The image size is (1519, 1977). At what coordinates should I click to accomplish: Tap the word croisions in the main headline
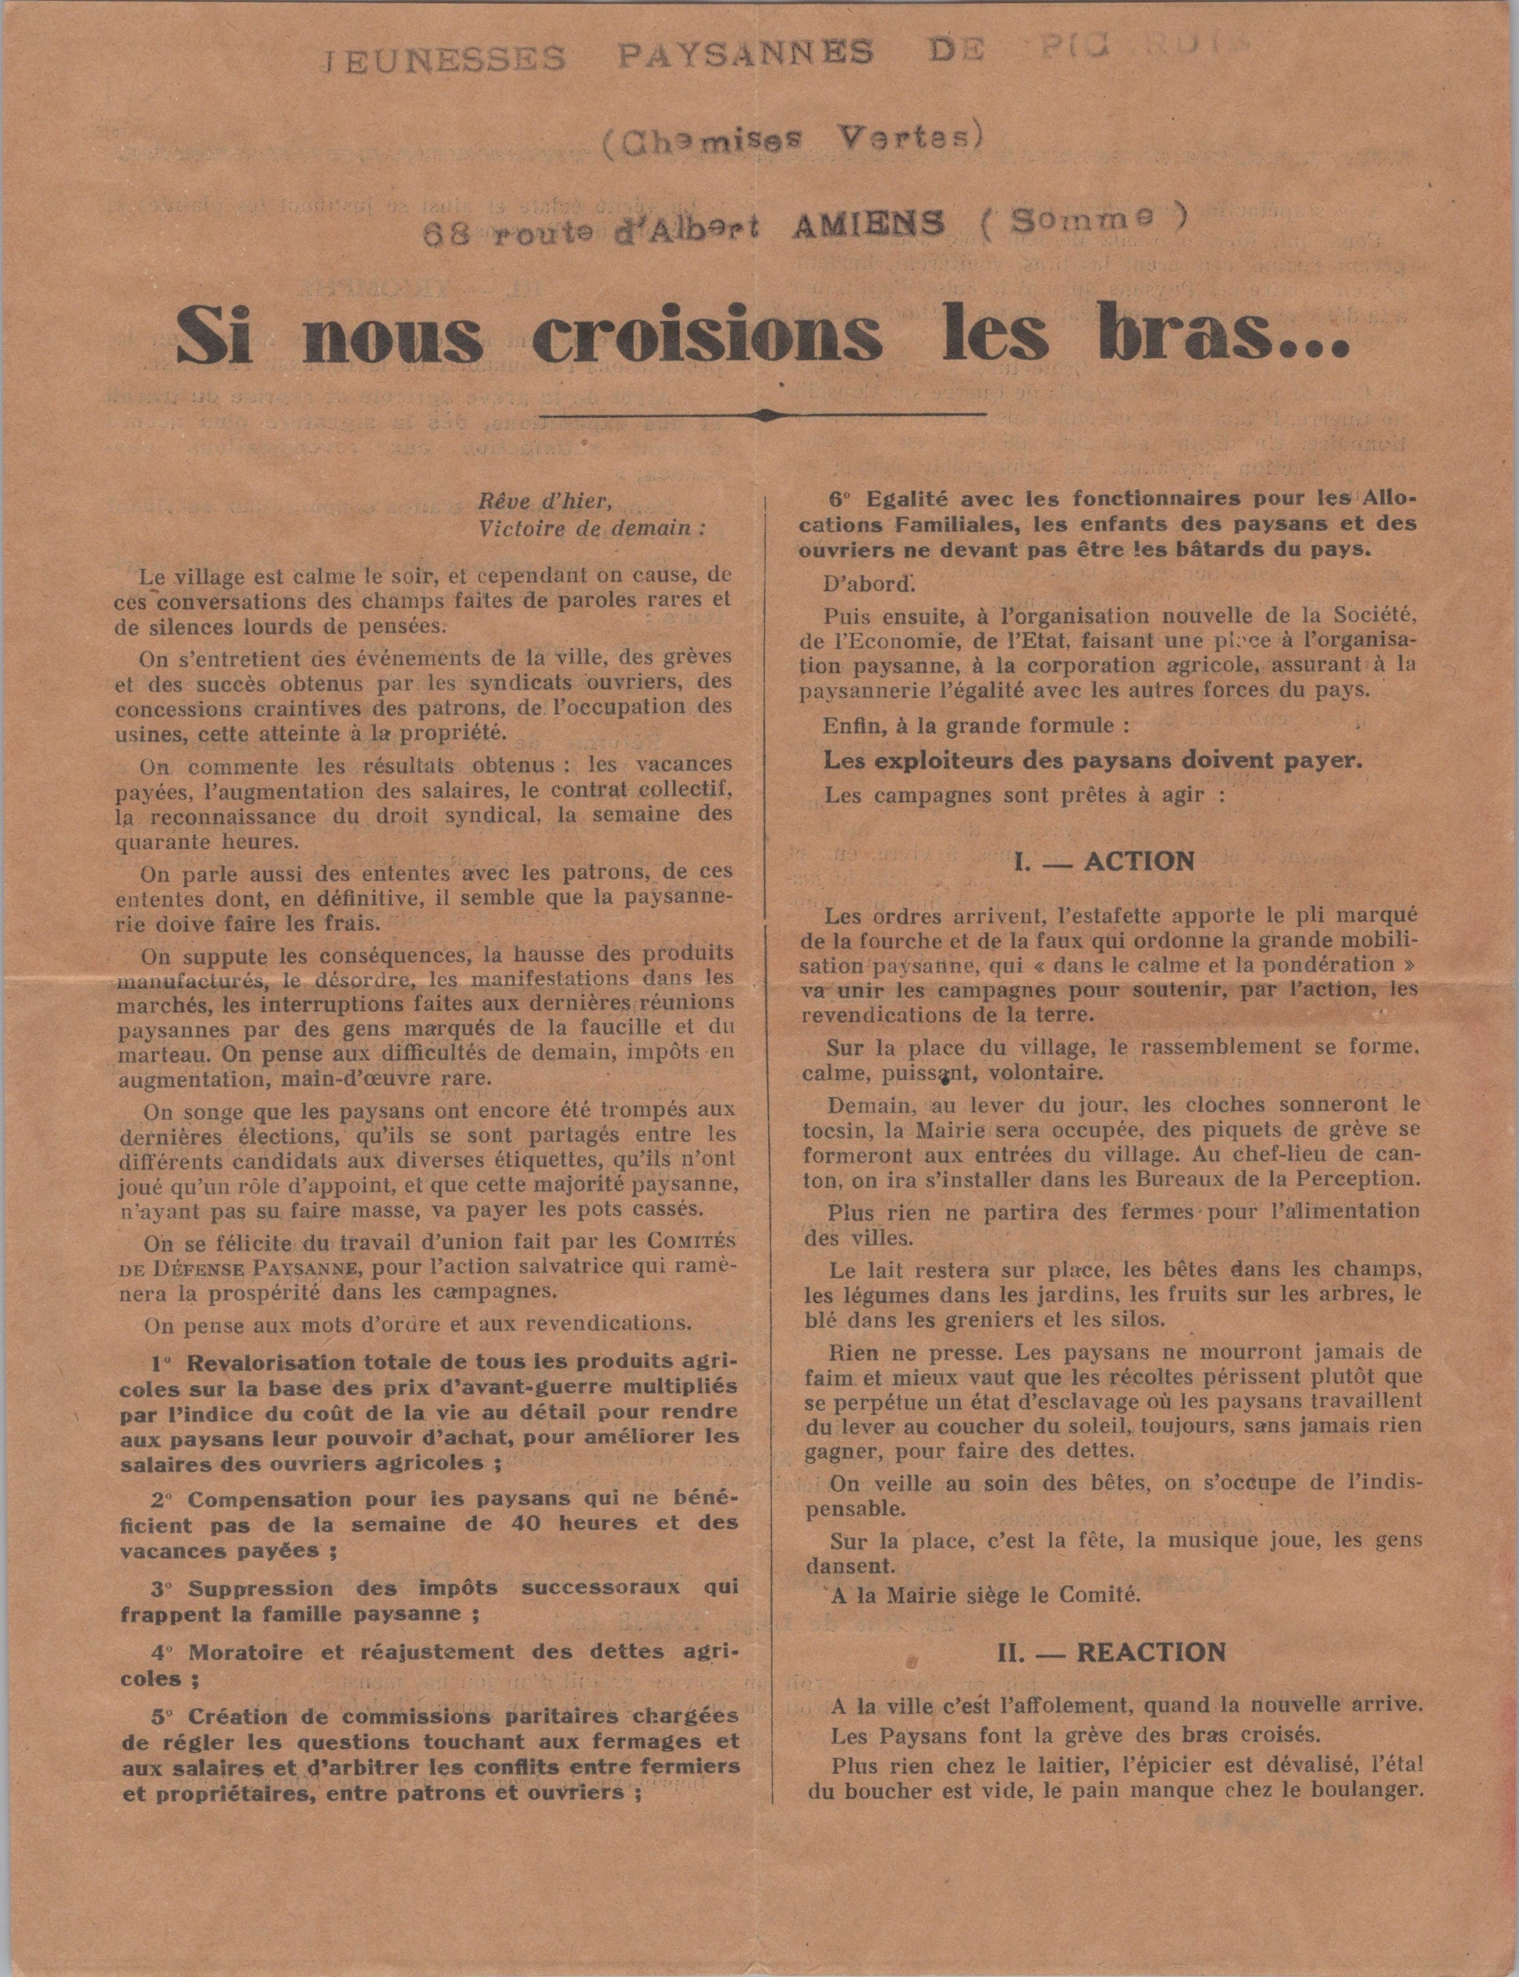coord(707,337)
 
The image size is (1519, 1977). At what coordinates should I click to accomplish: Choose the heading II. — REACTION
coord(1112,1652)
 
